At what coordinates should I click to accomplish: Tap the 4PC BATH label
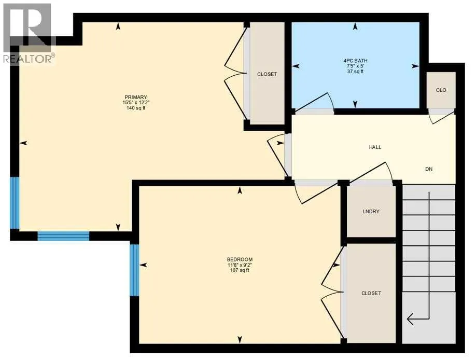coord(355,61)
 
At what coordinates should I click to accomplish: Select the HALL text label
coord(375,147)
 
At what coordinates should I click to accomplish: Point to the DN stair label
coord(429,169)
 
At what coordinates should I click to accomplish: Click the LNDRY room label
coord(371,212)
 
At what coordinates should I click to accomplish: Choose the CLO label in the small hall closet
coord(441,90)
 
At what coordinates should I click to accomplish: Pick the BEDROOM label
coord(240,260)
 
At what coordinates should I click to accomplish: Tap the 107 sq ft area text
coord(240,270)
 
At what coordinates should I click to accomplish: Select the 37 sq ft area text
coord(355,72)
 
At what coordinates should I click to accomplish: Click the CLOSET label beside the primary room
coord(267,74)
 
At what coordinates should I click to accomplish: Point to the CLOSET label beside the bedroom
coord(371,294)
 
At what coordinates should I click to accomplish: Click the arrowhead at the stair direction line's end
coord(408,319)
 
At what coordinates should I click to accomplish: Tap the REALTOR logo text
coord(29,58)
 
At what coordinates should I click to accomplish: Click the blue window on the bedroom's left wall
coord(134,270)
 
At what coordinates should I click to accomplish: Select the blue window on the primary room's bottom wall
coord(63,236)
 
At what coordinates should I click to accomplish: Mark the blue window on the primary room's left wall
coord(15,203)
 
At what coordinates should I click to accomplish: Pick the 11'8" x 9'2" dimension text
coord(240,265)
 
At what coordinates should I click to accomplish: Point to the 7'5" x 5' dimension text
coord(355,66)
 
